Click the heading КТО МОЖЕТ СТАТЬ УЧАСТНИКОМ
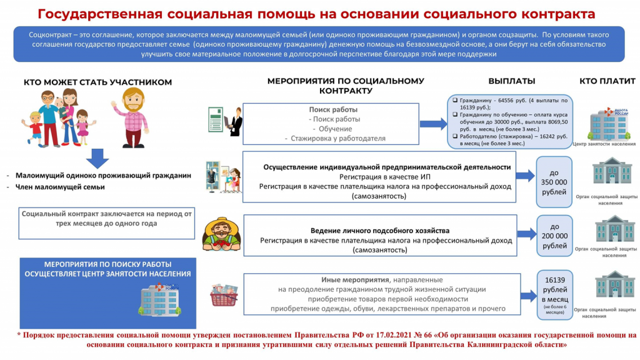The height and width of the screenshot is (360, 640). [97, 82]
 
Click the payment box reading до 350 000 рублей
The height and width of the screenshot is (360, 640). [554, 181]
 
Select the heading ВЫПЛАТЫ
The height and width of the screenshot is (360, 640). [511, 81]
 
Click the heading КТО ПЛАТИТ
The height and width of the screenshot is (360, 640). [607, 81]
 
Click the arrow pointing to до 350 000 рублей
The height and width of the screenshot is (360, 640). [526, 177]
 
